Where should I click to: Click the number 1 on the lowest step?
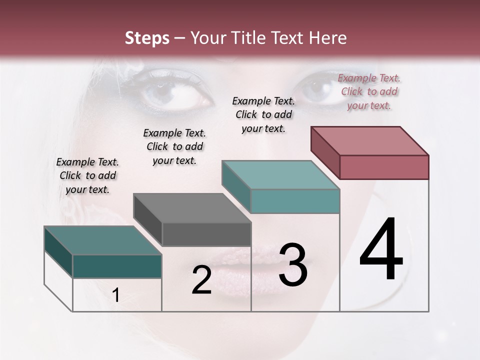click(x=116, y=295)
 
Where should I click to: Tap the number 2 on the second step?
click(x=201, y=280)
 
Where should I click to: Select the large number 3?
click(x=292, y=265)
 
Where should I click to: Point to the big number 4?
click(x=381, y=250)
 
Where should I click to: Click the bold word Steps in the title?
click(x=147, y=38)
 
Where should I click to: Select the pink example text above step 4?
click(x=369, y=91)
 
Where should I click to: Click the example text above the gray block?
click(x=174, y=146)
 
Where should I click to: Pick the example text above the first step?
click(x=87, y=175)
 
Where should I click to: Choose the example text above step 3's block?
click(x=263, y=114)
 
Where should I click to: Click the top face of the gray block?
click(x=192, y=208)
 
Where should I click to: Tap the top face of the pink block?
click(x=370, y=141)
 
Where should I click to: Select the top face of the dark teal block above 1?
click(x=103, y=240)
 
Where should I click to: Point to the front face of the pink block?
click(x=384, y=167)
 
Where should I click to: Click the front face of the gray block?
click(x=206, y=234)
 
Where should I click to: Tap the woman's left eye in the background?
click(x=175, y=92)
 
